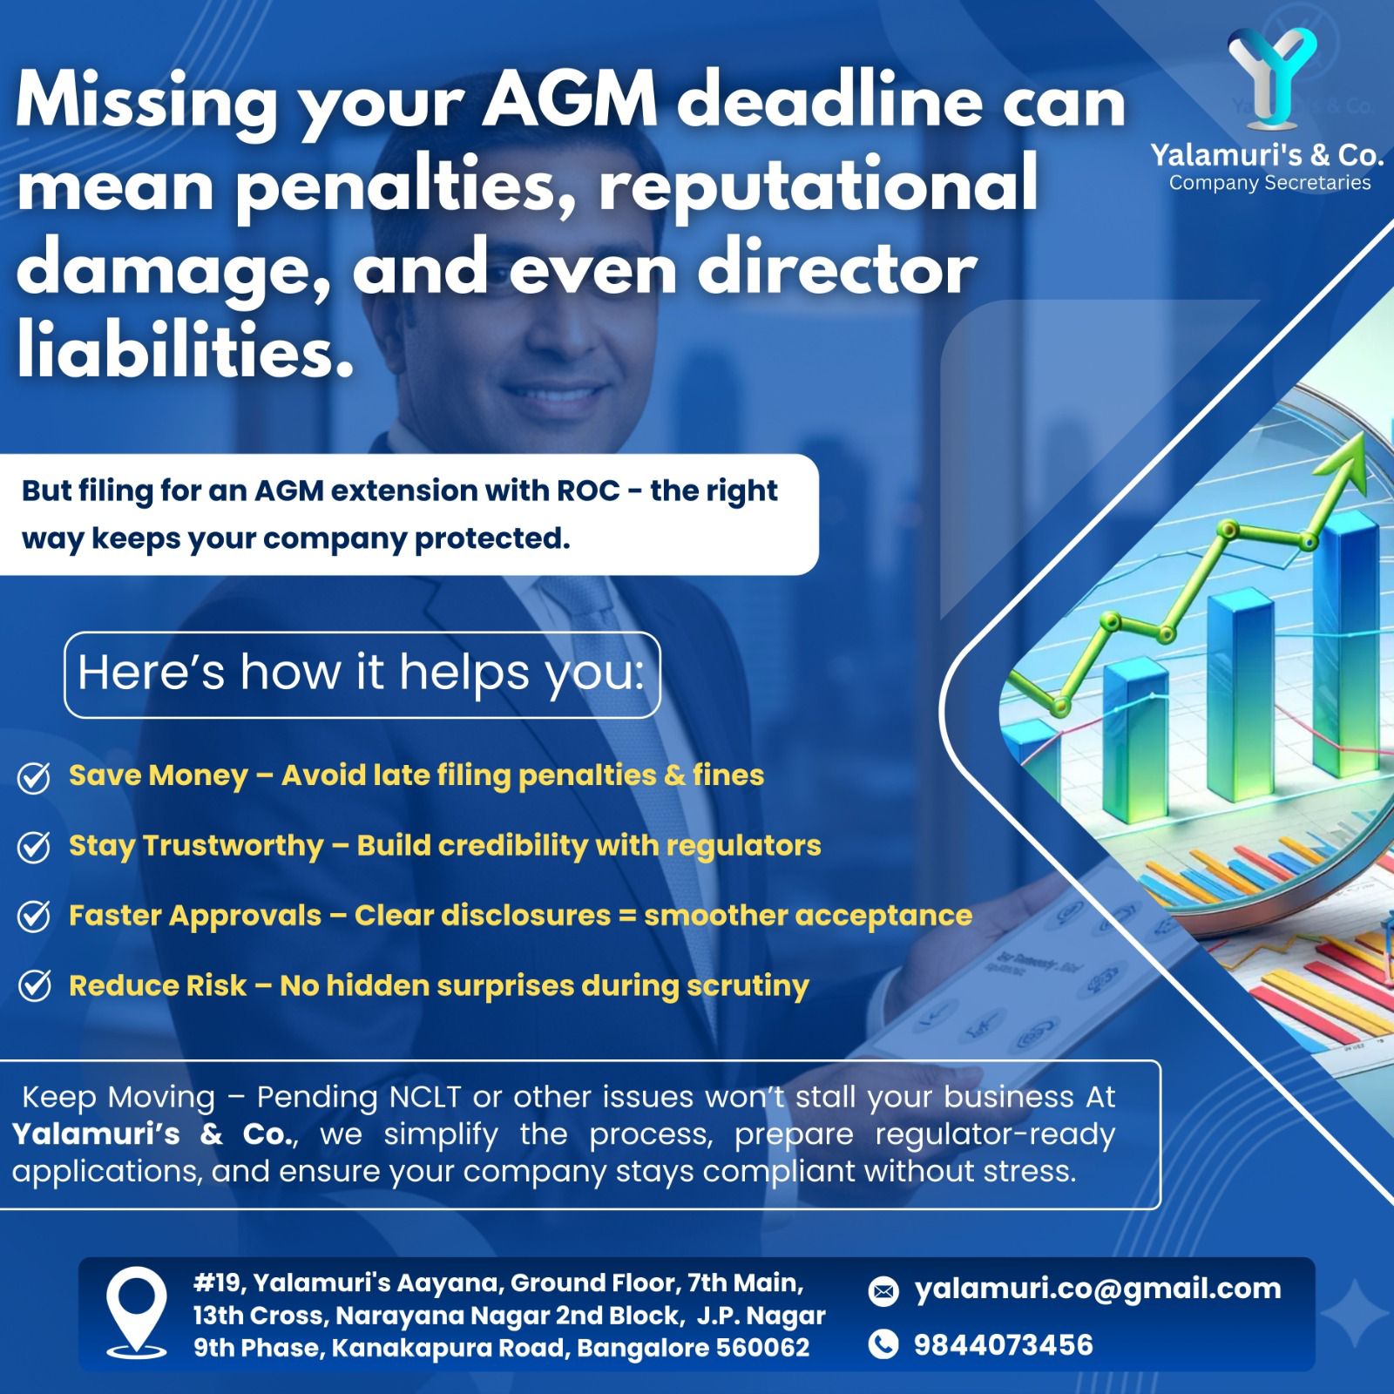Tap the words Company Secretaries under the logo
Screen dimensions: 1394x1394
click(1269, 183)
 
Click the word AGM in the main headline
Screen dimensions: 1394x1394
click(570, 102)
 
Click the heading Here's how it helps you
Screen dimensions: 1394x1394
click(362, 673)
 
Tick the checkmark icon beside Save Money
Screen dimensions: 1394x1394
click(34, 778)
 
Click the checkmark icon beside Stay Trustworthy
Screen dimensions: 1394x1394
click(34, 847)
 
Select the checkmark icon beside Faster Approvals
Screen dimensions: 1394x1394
click(34, 917)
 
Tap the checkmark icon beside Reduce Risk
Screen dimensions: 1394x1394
click(34, 986)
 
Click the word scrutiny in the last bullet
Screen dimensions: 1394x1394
click(748, 987)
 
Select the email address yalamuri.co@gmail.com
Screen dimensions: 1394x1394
click(1098, 1289)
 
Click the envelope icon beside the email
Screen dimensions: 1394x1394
click(883, 1291)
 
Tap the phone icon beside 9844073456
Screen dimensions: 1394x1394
click(883, 1345)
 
